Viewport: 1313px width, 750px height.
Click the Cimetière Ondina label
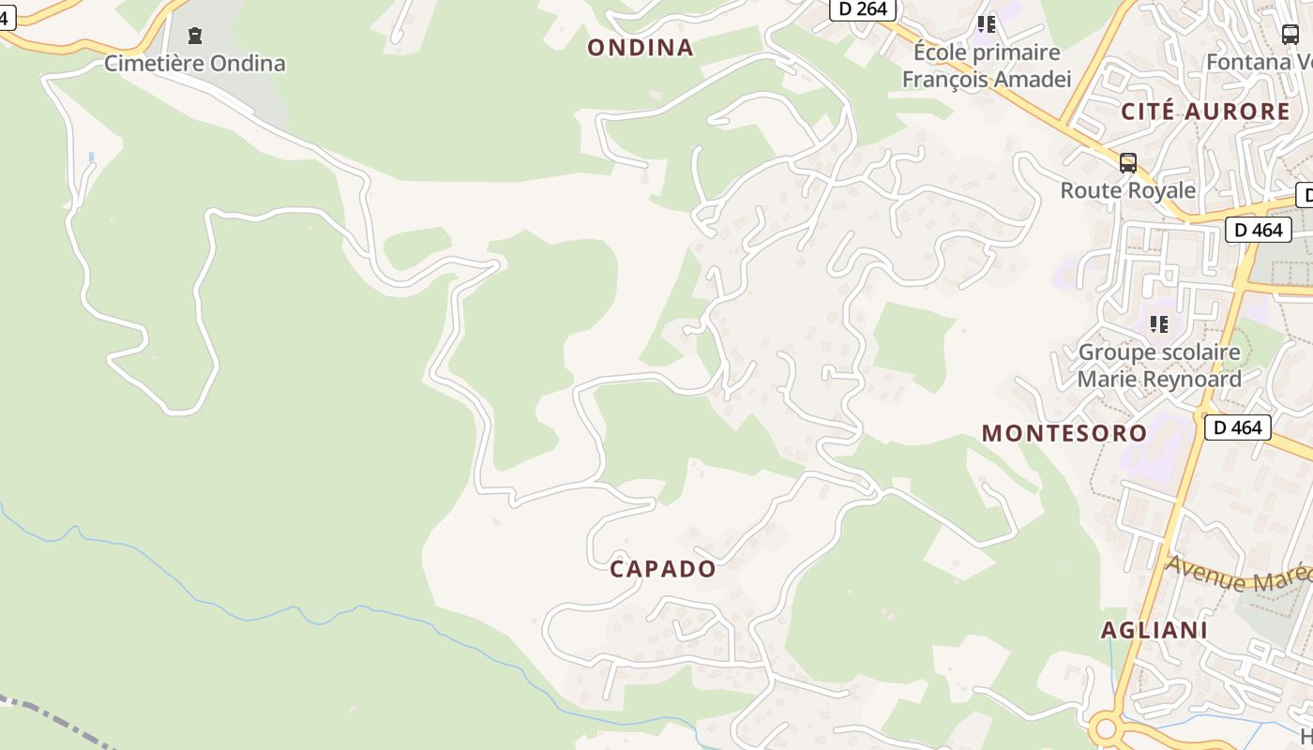pyautogui.click(x=194, y=64)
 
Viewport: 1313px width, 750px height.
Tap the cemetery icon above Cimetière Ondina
pyautogui.click(x=194, y=36)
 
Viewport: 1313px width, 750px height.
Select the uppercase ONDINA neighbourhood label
pyautogui.click(x=641, y=48)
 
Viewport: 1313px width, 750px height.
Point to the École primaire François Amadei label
pyautogui.click(x=986, y=66)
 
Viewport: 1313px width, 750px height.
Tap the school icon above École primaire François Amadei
pyautogui.click(x=986, y=24)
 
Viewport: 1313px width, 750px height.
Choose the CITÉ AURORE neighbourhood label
pyautogui.click(x=1206, y=112)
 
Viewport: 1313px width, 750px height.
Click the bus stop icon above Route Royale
pyautogui.click(x=1127, y=163)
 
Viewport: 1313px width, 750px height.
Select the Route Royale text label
pyautogui.click(x=1127, y=190)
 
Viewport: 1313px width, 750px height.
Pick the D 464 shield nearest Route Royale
pyautogui.click(x=1258, y=230)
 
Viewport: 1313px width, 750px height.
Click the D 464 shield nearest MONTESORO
pyautogui.click(x=1237, y=427)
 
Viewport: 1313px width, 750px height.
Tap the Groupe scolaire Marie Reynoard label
pyautogui.click(x=1159, y=366)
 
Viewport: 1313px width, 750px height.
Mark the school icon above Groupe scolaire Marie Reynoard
pyautogui.click(x=1159, y=324)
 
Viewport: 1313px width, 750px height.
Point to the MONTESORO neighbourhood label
pyautogui.click(x=1064, y=433)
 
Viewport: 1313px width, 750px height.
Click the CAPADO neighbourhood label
pyautogui.click(x=663, y=569)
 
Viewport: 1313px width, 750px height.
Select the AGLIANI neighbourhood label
pyautogui.click(x=1155, y=630)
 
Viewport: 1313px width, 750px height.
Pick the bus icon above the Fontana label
pyautogui.click(x=1290, y=35)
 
